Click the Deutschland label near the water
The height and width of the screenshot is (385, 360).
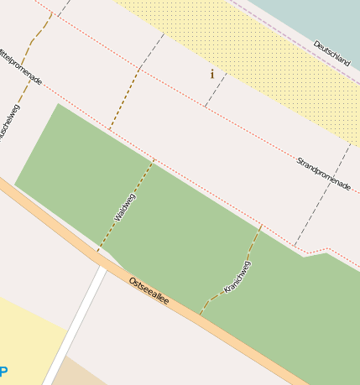(x=331, y=53)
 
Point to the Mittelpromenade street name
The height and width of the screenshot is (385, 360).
(x=20, y=65)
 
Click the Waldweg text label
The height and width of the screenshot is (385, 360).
(x=124, y=207)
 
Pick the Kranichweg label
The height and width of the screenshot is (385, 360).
(x=237, y=278)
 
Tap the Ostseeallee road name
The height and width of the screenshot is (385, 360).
(x=149, y=290)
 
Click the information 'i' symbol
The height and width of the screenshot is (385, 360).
(x=211, y=75)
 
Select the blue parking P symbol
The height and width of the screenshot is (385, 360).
(x=3, y=372)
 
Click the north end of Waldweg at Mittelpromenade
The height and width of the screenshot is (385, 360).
(x=154, y=159)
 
